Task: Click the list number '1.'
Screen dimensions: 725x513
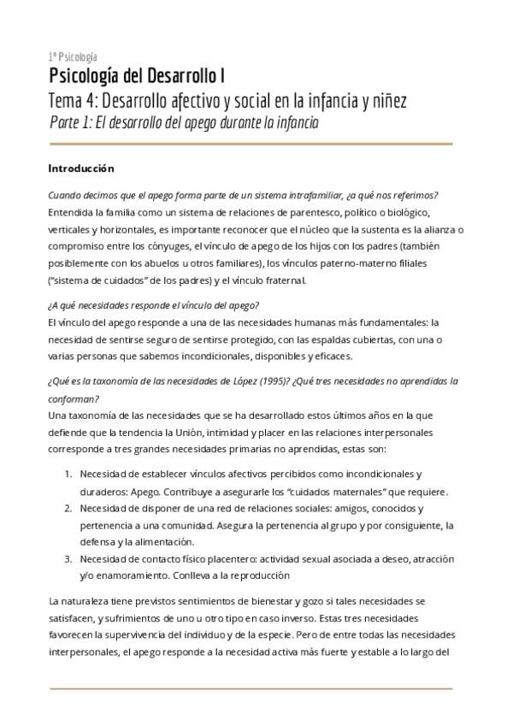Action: (69, 473)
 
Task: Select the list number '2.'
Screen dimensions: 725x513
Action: (69, 507)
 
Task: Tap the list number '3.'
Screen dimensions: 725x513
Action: (69, 558)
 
